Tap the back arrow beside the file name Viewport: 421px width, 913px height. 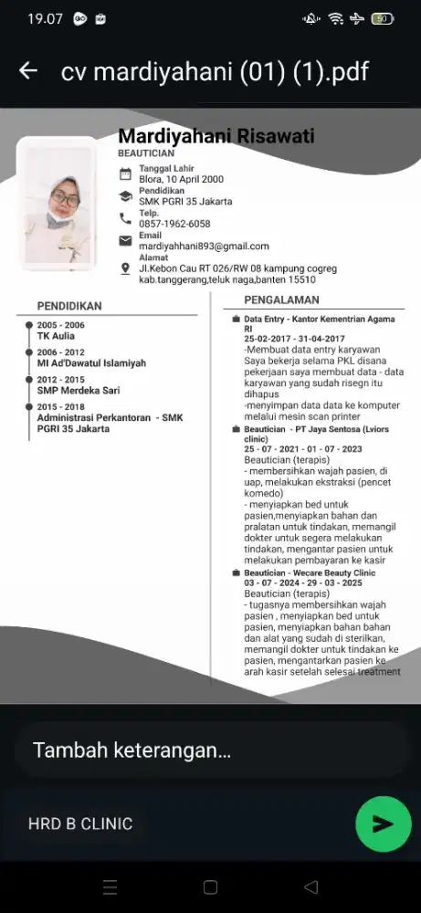click(28, 71)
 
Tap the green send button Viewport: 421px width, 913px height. click(383, 824)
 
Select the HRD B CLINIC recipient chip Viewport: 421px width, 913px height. click(80, 824)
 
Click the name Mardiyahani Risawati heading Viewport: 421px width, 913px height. click(216, 136)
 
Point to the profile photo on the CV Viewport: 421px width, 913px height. click(58, 204)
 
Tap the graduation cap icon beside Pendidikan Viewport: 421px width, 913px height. click(126, 195)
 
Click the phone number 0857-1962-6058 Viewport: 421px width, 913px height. click(174, 224)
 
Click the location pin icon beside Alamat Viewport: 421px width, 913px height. click(126, 268)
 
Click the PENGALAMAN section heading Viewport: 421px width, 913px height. click(281, 299)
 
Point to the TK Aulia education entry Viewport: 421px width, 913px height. click(56, 336)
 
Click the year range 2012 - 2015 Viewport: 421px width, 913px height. click(60, 379)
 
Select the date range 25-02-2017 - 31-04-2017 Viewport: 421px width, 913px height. click(301, 339)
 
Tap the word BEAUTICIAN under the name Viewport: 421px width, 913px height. click(146, 154)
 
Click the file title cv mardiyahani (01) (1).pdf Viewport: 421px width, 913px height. click(214, 71)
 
